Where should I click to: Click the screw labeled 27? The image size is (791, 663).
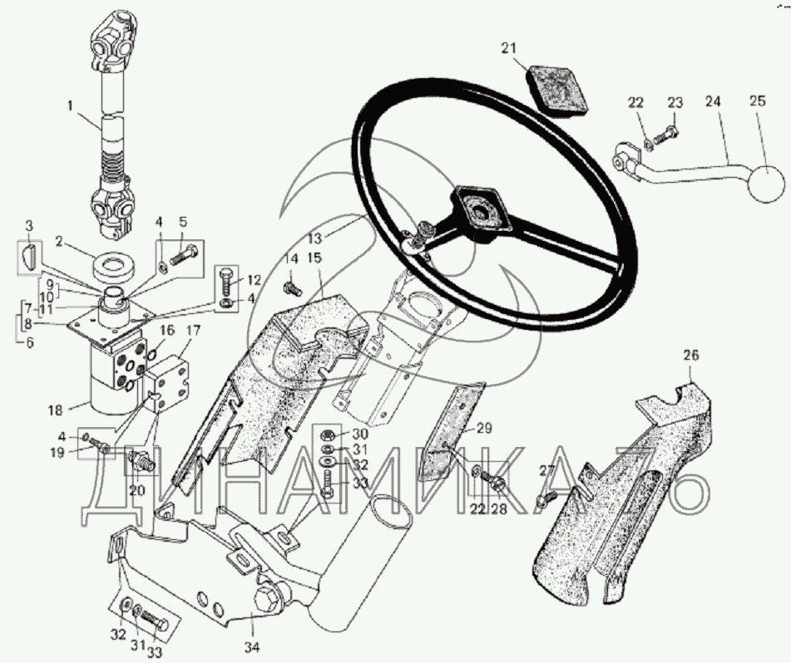click(545, 497)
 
